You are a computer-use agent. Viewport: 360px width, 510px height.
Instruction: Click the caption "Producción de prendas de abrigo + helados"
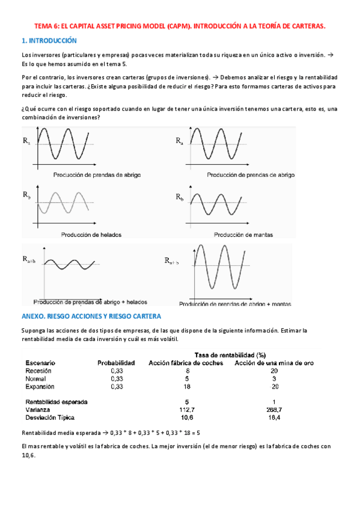pyautogui.click(x=90, y=301)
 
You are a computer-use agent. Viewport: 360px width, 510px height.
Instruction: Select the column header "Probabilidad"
pyautogui.click(x=117, y=363)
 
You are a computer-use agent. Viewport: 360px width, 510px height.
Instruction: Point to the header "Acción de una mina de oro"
pyautogui.click(x=274, y=363)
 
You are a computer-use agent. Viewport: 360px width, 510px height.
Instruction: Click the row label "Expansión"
pyautogui.click(x=40, y=387)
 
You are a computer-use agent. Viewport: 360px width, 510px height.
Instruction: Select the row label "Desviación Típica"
pyautogui.click(x=53, y=417)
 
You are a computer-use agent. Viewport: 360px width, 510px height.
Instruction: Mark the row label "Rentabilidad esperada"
pyautogui.click(x=56, y=401)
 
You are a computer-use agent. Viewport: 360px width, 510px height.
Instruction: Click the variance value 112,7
pyautogui.click(x=187, y=409)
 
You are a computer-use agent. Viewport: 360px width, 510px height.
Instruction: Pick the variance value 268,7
pyautogui.click(x=273, y=409)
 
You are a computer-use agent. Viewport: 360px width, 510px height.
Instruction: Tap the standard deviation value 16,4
pyautogui.click(x=273, y=417)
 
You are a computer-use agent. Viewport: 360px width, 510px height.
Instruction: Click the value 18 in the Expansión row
pyautogui.click(x=187, y=387)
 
